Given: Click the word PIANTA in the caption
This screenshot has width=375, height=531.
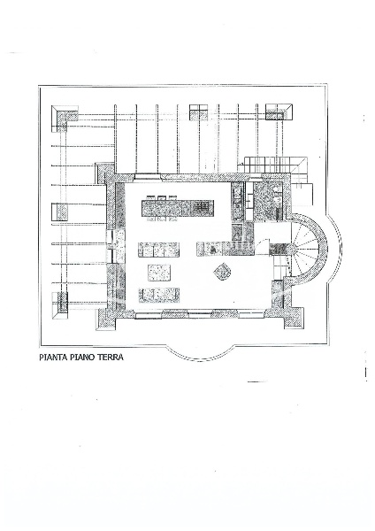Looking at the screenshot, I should (54, 358).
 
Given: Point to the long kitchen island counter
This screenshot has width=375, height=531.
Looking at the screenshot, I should (178, 208).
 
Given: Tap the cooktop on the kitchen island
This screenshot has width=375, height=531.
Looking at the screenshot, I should (203, 208).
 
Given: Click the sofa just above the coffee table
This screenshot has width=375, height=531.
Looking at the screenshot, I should (159, 250).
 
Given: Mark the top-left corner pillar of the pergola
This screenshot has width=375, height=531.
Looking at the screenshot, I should (65, 118).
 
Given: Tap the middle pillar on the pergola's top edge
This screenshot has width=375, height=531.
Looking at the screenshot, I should (197, 113).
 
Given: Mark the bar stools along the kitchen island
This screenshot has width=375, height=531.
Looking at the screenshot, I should (163, 196).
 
